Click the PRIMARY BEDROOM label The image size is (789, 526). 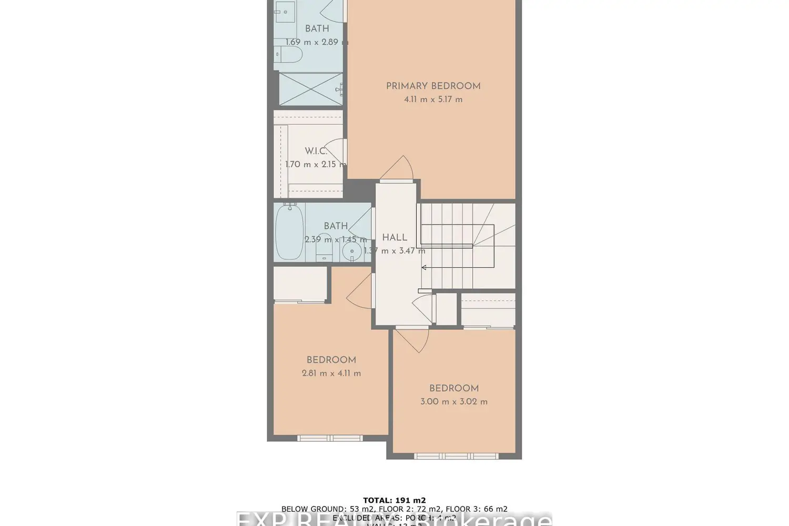(x=433, y=86)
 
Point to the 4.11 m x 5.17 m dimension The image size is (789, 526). (x=433, y=99)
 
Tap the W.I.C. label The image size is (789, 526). (x=316, y=151)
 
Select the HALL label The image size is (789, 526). (x=394, y=238)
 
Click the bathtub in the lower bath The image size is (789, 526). (x=289, y=232)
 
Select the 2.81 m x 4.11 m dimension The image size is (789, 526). (x=331, y=373)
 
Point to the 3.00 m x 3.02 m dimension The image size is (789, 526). (x=453, y=402)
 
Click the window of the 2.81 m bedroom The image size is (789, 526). (x=330, y=438)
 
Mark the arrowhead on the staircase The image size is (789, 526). (x=423, y=268)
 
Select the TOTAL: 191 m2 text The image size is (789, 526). (x=394, y=500)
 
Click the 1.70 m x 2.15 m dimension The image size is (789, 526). (x=316, y=164)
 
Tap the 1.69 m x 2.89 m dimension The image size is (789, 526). (x=316, y=42)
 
